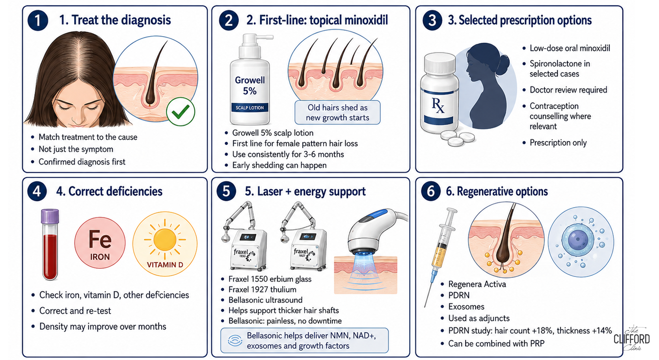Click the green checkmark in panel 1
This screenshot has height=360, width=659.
(x=181, y=111)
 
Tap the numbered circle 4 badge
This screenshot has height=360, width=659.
(x=37, y=191)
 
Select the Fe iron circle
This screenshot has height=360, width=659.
(x=100, y=243)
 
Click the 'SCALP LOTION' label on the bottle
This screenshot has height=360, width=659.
(x=249, y=108)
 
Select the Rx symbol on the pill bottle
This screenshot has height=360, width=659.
(x=438, y=106)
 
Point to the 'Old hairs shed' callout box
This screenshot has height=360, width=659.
(x=337, y=112)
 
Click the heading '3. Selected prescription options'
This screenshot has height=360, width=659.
(x=519, y=20)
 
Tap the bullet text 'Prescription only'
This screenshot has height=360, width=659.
(x=558, y=143)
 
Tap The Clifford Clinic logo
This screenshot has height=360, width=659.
(x=631, y=338)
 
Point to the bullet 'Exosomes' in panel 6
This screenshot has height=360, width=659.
(x=466, y=307)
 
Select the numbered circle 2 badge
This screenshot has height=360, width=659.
(x=229, y=20)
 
